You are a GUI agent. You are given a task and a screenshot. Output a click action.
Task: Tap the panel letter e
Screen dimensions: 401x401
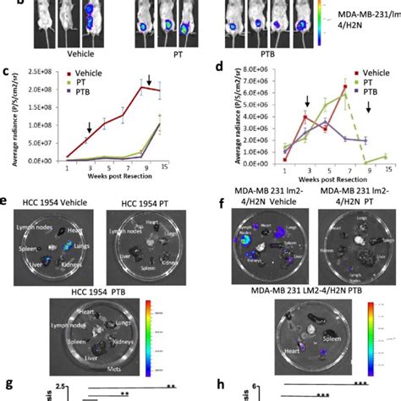(x=7, y=201)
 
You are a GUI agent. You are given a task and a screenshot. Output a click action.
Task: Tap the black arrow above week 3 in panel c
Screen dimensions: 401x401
(x=89, y=128)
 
